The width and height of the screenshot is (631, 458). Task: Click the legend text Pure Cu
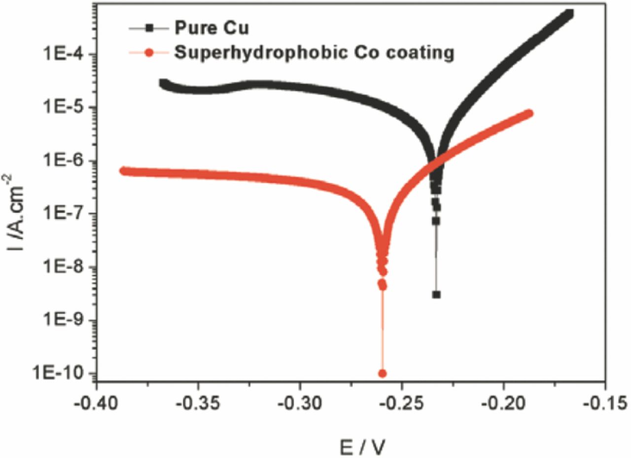click(212, 28)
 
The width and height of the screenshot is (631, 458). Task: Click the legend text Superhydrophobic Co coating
click(314, 52)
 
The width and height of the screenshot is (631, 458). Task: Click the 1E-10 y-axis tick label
click(58, 374)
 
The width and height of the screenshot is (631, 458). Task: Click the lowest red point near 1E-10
click(382, 373)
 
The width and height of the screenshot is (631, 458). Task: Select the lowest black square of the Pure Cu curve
click(436, 295)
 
